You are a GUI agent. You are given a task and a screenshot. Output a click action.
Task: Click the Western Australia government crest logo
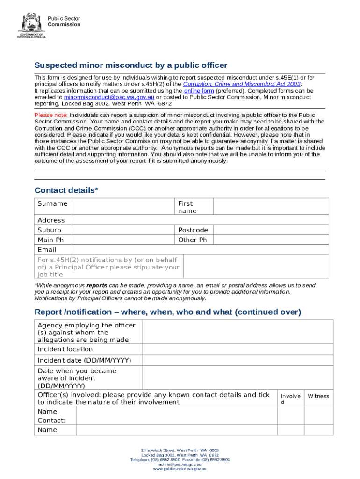coord(32,23)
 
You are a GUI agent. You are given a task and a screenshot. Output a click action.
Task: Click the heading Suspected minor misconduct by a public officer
coord(130,65)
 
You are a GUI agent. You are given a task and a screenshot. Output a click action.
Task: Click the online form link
coord(199,91)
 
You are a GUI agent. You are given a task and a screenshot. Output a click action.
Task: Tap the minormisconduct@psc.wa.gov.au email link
coord(109,97)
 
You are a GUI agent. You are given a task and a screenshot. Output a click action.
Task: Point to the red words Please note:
coord(51,115)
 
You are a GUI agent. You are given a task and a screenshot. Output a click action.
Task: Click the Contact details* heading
coord(66,190)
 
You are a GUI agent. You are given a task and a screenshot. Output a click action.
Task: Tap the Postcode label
coord(193,230)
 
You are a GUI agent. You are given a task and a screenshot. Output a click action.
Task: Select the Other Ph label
coord(192,240)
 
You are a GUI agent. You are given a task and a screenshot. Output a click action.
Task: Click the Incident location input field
coord(237,349)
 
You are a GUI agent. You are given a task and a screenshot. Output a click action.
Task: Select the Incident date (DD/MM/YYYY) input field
coord(237,361)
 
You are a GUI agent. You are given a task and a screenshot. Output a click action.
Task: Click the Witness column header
coord(318,396)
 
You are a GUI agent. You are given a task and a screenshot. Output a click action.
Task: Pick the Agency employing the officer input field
coord(237,332)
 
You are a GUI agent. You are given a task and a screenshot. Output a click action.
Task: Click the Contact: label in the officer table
coord(51,421)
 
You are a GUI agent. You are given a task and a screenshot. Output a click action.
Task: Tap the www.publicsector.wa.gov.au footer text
coord(180,468)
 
